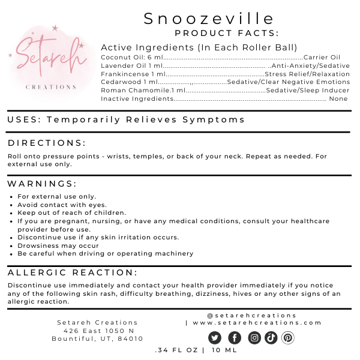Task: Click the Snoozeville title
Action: pyautogui.click(x=209, y=19)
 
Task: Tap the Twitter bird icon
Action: pyautogui.click(x=215, y=338)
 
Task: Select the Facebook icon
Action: pyautogui.click(x=235, y=338)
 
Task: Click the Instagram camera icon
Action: pyautogui.click(x=254, y=338)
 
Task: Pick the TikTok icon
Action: pyautogui.click(x=271, y=338)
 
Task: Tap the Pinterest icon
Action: pyautogui.click(x=288, y=338)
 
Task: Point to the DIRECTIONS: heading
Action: pyautogui.click(x=46, y=143)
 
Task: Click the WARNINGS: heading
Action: pyautogui.click(x=42, y=184)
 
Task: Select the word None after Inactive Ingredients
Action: pyautogui.click(x=338, y=98)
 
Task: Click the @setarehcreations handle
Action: pyautogui.click(x=251, y=315)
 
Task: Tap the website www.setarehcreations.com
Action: pyautogui.click(x=257, y=323)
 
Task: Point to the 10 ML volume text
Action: pyautogui.click(x=223, y=350)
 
